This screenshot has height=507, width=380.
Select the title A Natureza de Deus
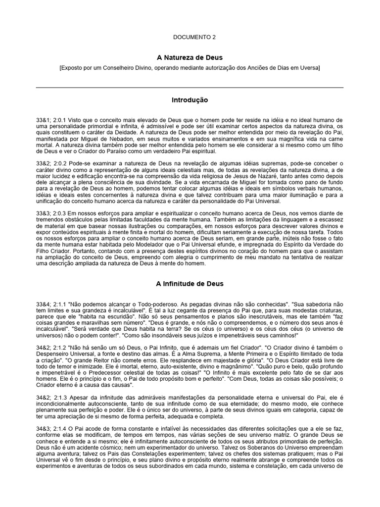pyautogui.click(x=190, y=58)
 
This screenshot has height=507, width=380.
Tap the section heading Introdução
pyautogui.click(x=190, y=100)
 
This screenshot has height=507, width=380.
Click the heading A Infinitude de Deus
pyautogui.click(x=190, y=284)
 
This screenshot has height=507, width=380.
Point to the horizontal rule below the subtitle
pyautogui.click(x=190, y=87)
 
